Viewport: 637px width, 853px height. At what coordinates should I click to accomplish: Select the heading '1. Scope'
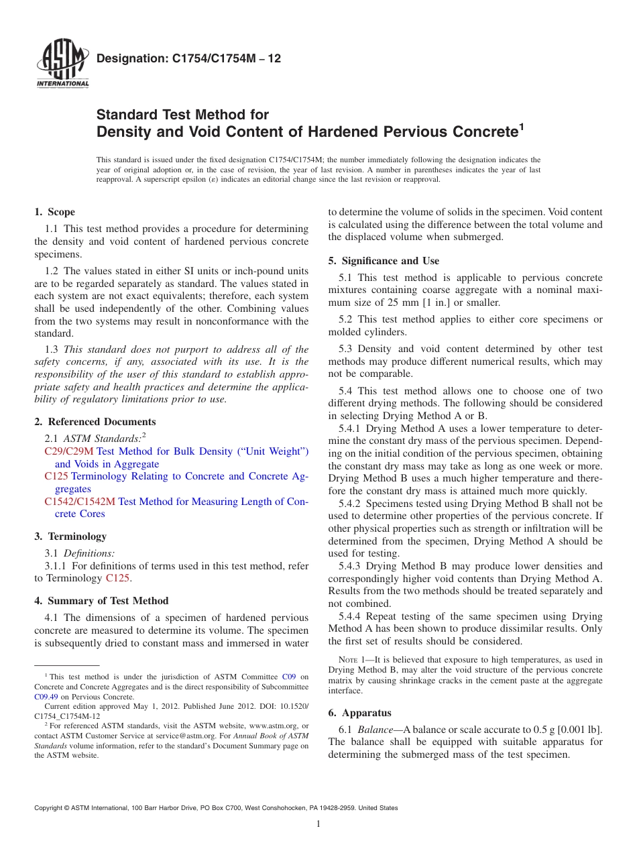point(55,212)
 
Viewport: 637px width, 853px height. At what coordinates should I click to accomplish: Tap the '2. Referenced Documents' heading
point(95,422)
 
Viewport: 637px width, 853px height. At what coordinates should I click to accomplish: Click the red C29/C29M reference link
point(69,451)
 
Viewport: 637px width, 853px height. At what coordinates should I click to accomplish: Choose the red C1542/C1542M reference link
point(80,501)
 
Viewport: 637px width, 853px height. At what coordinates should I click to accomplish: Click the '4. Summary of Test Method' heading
point(101,601)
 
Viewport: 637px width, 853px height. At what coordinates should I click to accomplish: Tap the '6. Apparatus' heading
point(359,713)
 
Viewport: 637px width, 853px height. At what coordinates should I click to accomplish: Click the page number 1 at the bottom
point(318,824)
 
